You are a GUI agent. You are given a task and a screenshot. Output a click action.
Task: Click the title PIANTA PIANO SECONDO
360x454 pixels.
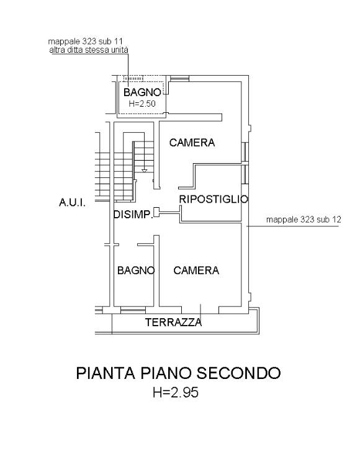pos(178,373)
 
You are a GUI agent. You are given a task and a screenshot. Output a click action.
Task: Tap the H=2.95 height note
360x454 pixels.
pos(176,393)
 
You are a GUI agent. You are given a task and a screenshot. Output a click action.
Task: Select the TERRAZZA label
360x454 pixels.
pos(173,323)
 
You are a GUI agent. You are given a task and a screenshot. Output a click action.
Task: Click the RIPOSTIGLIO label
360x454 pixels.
pos(214,199)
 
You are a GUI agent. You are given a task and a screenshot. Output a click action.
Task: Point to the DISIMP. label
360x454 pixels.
pos(133,215)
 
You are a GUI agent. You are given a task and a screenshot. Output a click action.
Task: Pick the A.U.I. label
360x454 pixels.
pos(72,203)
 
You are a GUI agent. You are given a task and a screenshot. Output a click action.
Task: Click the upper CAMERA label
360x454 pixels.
pos(192,143)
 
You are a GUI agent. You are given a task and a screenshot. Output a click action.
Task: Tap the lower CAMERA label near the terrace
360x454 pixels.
pos(196,270)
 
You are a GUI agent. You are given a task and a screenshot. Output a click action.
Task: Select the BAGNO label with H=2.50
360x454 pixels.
pos(142,92)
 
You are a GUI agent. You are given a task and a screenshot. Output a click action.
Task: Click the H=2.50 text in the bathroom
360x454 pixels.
pos(142,104)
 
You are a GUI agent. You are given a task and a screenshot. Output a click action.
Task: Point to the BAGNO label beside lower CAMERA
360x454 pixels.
pos(136,270)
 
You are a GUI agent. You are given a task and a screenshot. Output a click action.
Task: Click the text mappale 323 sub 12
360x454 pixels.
pos(304,220)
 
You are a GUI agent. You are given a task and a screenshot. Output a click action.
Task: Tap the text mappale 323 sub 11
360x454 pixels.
pos(85,41)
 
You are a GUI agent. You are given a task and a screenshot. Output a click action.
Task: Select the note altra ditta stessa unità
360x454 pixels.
pos(89,50)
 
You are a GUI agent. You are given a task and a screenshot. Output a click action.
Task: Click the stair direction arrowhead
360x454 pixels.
pos(145,171)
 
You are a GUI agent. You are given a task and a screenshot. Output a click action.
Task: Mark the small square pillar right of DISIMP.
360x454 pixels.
pos(156,212)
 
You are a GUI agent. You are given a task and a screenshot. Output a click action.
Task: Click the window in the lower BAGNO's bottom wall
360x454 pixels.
pos(133,310)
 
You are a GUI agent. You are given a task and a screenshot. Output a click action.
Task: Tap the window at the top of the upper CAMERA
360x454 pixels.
pos(179,78)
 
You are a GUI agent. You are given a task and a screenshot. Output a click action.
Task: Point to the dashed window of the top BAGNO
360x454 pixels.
pos(133,78)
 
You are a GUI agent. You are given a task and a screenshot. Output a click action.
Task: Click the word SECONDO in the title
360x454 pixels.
pos(238,373)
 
